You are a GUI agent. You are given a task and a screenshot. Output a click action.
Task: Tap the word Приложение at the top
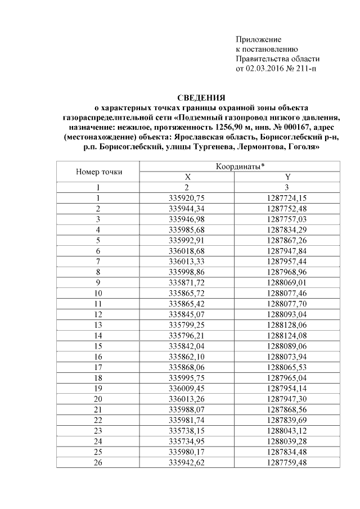click(258, 39)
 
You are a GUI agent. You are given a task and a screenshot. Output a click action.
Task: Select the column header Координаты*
click(240, 167)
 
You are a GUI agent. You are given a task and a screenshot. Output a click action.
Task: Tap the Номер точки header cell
click(98, 172)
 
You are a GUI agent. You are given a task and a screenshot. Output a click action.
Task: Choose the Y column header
click(287, 177)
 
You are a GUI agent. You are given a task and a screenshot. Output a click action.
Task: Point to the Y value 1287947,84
click(287, 251)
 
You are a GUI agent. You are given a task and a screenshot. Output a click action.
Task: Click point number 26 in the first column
click(98, 462)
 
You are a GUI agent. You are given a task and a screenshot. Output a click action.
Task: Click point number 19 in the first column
click(98, 389)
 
